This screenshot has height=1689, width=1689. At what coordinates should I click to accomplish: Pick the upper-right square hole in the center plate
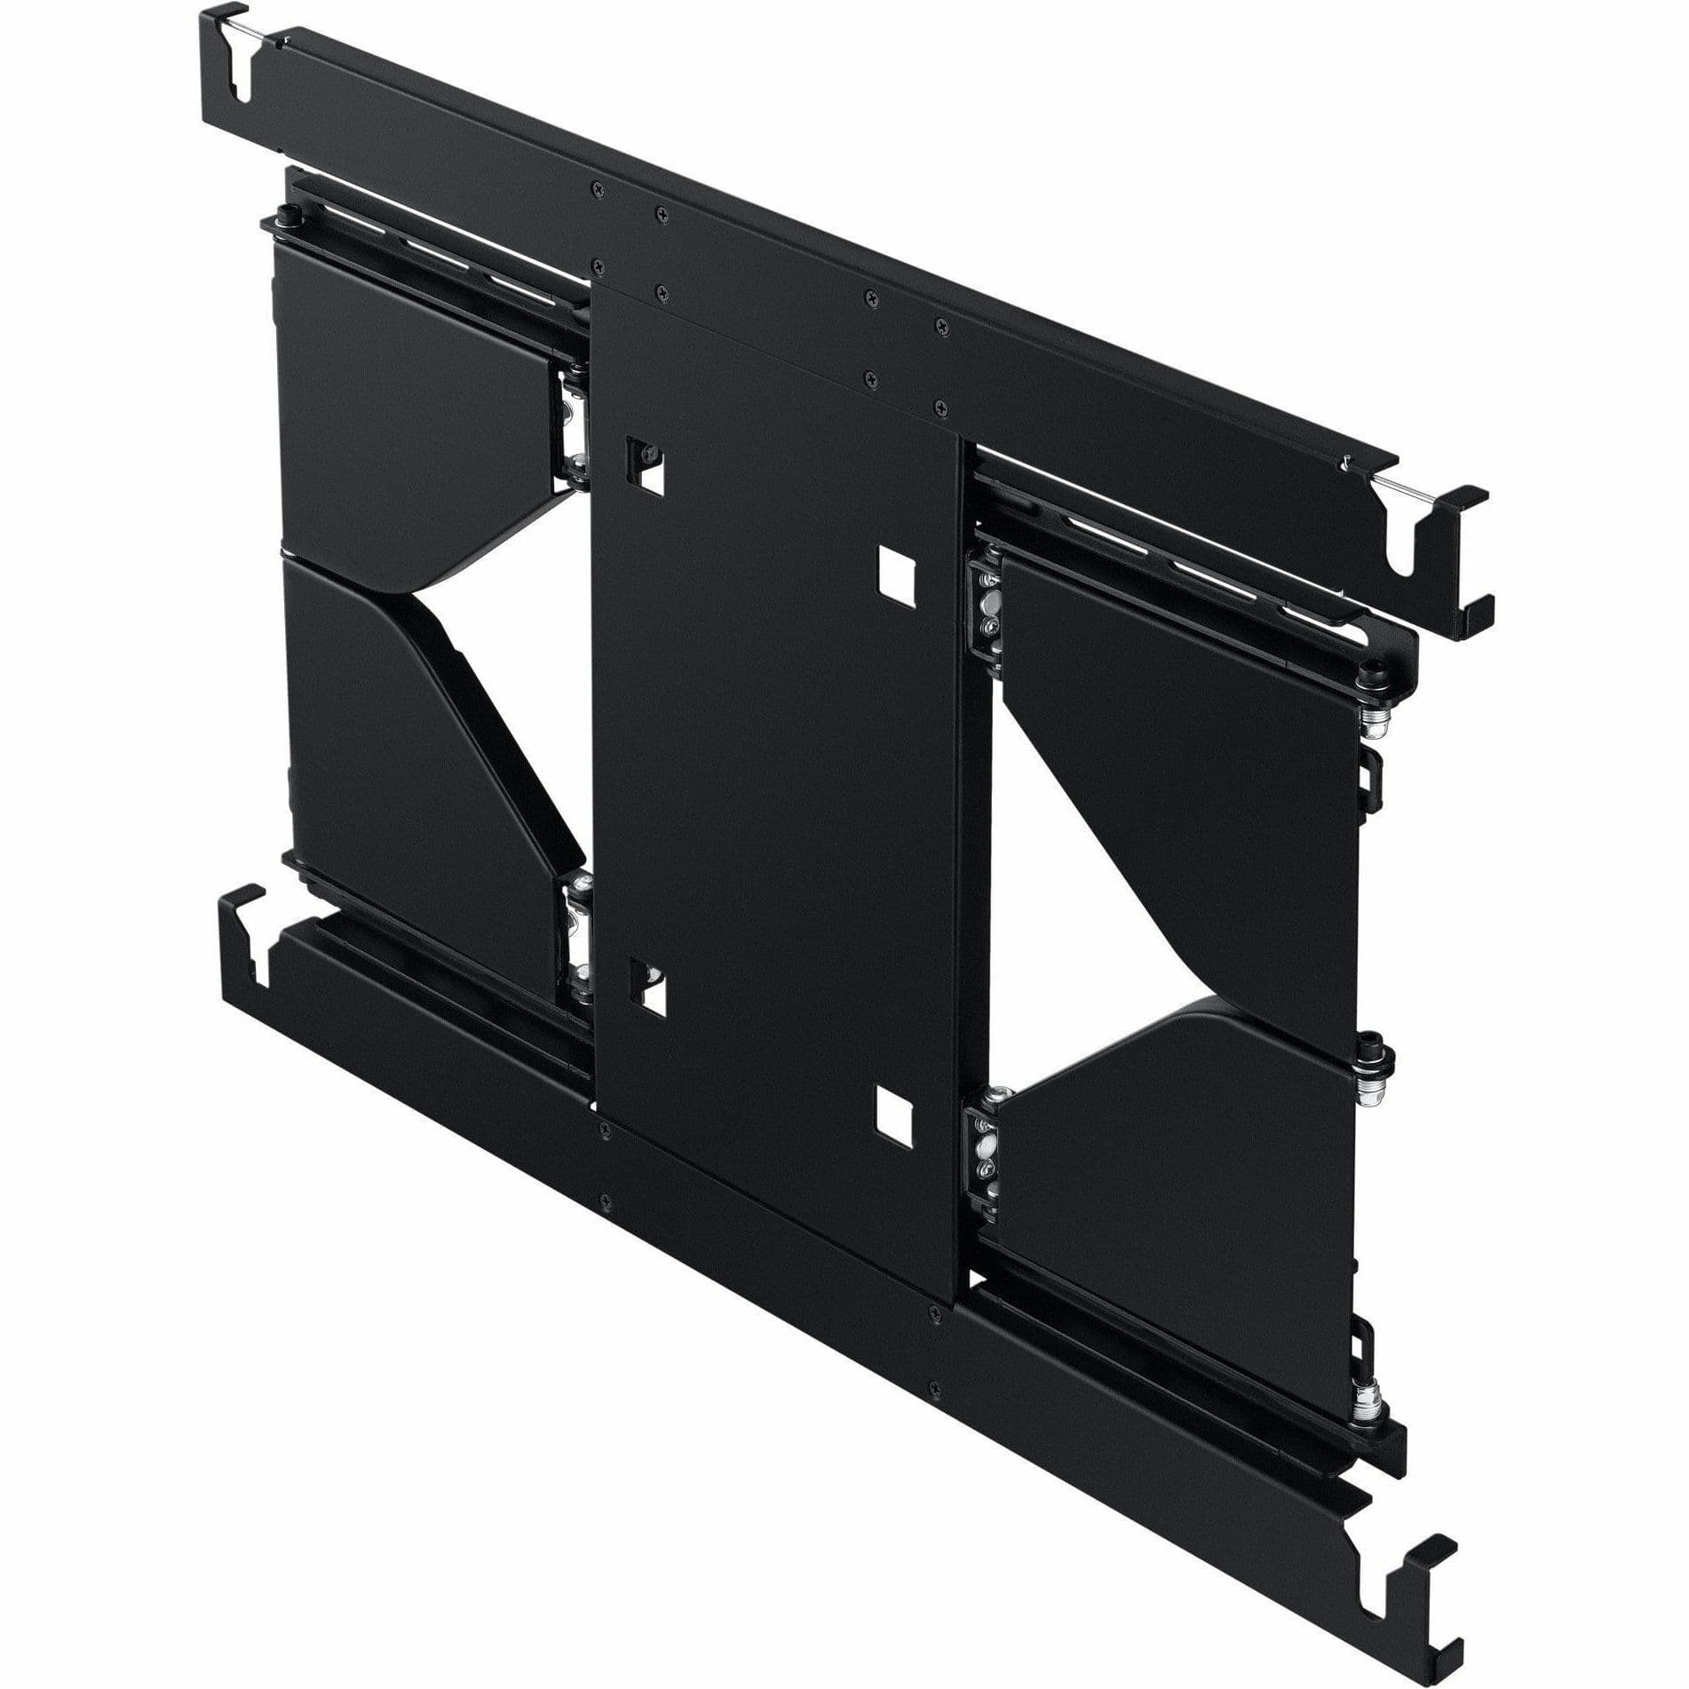point(895,575)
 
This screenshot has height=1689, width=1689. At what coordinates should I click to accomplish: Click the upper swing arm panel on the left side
point(408,400)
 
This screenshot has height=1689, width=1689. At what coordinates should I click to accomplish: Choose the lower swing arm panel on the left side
point(408,755)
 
